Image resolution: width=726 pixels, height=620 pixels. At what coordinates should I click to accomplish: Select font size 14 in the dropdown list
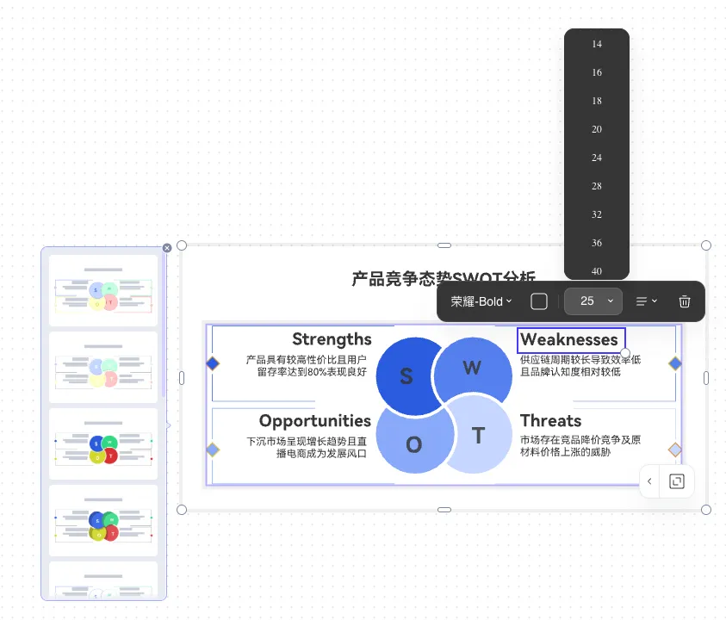pyautogui.click(x=597, y=44)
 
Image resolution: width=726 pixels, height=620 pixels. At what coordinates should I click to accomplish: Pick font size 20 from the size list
pyautogui.click(x=597, y=129)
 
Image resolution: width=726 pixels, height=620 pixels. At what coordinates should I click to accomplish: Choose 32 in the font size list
pyautogui.click(x=597, y=214)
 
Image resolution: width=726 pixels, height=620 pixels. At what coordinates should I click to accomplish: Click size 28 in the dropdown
pyautogui.click(x=597, y=186)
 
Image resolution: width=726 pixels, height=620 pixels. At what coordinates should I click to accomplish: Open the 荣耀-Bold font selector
pyautogui.click(x=481, y=301)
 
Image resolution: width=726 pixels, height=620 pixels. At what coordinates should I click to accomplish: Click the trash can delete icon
pyautogui.click(x=685, y=301)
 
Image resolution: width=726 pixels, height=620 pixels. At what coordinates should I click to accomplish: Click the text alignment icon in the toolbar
pyautogui.click(x=646, y=301)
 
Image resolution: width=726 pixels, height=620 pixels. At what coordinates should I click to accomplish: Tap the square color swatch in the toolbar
pyautogui.click(x=539, y=301)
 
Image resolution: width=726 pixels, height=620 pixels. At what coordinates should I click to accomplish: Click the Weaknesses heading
pyautogui.click(x=569, y=339)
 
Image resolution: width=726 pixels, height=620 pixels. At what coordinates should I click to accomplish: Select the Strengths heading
pyautogui.click(x=332, y=339)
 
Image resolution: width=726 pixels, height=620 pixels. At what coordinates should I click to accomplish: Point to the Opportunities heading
pyautogui.click(x=314, y=421)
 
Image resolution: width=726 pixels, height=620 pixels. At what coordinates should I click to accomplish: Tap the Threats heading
pyautogui.click(x=550, y=421)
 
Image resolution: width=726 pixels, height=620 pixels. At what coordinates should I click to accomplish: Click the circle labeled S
pyautogui.click(x=406, y=376)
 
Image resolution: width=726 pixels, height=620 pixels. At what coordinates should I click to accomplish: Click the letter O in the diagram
pyautogui.click(x=413, y=445)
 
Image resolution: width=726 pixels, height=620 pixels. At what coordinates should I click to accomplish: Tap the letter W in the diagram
pyautogui.click(x=472, y=369)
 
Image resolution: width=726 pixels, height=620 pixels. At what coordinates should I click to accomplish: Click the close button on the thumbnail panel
pyautogui.click(x=167, y=248)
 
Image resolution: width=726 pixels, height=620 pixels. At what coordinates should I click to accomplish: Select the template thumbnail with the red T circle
pyautogui.click(x=103, y=444)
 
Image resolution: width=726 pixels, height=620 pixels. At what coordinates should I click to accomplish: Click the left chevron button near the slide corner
pyautogui.click(x=649, y=481)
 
